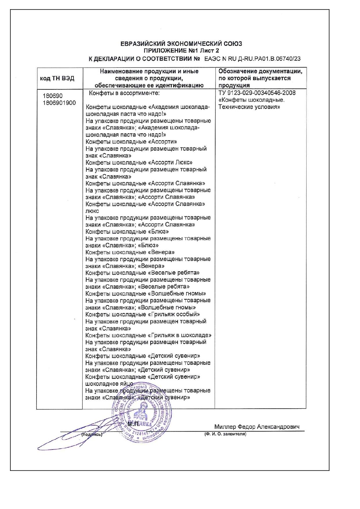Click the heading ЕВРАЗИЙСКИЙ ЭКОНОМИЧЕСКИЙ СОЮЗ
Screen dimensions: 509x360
[181, 44]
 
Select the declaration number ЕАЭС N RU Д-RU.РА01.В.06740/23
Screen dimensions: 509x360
[252, 59]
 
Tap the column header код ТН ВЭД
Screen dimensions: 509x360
[57, 78]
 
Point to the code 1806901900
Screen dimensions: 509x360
[59, 103]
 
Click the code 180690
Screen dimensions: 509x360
[53, 96]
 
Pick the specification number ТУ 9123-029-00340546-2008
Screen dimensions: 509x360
[257, 93]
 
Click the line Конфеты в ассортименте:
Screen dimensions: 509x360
[124, 93]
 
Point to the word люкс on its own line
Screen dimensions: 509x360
[92, 211]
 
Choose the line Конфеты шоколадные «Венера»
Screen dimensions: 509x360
[130, 252]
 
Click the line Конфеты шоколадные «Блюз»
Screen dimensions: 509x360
[127, 232]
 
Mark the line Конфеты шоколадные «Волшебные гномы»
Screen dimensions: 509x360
[146, 294]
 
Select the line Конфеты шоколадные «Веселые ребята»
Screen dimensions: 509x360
[142, 273]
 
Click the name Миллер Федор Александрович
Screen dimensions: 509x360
[257, 427]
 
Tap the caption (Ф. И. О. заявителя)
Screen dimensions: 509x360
[225, 434]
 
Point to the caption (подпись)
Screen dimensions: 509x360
[92, 434]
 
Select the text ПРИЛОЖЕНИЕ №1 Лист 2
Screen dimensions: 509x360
[181, 51]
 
